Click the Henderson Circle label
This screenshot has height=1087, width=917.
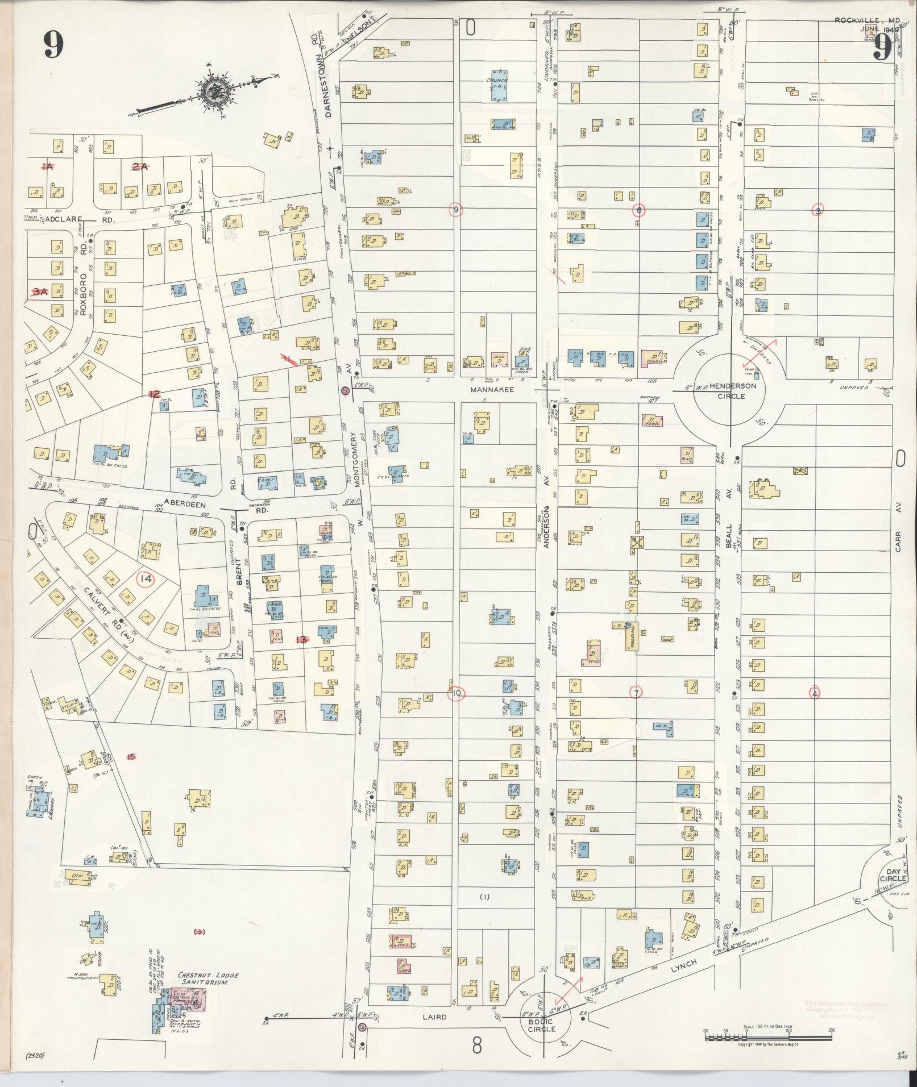point(731,390)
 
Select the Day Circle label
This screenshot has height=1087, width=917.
point(890,874)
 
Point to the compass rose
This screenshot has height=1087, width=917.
point(217,89)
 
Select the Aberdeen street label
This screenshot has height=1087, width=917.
point(184,503)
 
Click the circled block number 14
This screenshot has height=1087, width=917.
point(146,578)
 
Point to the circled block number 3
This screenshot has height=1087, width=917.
point(818,210)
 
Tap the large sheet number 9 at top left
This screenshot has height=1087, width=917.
point(53,44)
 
